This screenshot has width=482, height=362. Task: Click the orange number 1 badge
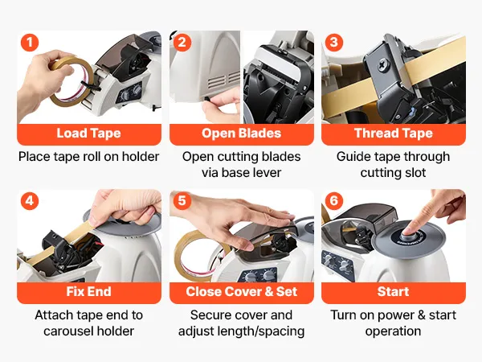30,43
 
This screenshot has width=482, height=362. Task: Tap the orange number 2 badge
182,43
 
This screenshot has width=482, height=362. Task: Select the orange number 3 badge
334,43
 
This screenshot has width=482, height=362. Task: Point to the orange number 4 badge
30,201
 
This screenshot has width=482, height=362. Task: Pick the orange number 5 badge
182,201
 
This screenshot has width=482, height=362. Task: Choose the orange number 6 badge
334,201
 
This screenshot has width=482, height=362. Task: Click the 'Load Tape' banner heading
89,134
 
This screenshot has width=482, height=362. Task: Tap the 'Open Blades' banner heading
241,134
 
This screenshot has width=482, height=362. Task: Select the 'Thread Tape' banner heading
394,134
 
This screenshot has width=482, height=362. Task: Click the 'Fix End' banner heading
89,292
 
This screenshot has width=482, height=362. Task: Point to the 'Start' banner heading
393,292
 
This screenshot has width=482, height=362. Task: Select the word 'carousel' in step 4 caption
68,331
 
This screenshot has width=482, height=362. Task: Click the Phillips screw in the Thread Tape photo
383,65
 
